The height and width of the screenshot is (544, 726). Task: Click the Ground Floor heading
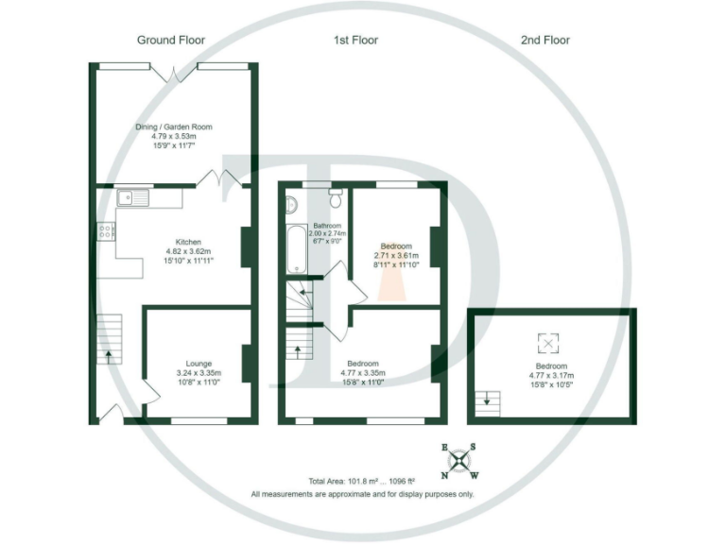[x=171, y=41]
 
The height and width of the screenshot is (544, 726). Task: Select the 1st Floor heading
[x=355, y=41]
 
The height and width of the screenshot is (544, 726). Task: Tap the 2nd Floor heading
[x=545, y=41]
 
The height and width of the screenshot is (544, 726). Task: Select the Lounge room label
[x=199, y=364]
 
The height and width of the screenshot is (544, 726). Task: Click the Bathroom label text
[x=327, y=226]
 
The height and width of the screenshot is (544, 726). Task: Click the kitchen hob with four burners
[x=105, y=232]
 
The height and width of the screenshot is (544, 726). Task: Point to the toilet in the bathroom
[x=336, y=196]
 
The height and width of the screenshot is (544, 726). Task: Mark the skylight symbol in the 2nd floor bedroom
[x=546, y=343]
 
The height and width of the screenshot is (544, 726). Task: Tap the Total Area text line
[x=362, y=481]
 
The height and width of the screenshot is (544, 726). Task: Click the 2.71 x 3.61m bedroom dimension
[x=394, y=257]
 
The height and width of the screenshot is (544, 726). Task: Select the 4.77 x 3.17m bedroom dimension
[x=552, y=376]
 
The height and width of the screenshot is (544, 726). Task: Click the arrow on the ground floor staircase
[x=108, y=356]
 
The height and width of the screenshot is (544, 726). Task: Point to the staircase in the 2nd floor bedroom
[x=489, y=400]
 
